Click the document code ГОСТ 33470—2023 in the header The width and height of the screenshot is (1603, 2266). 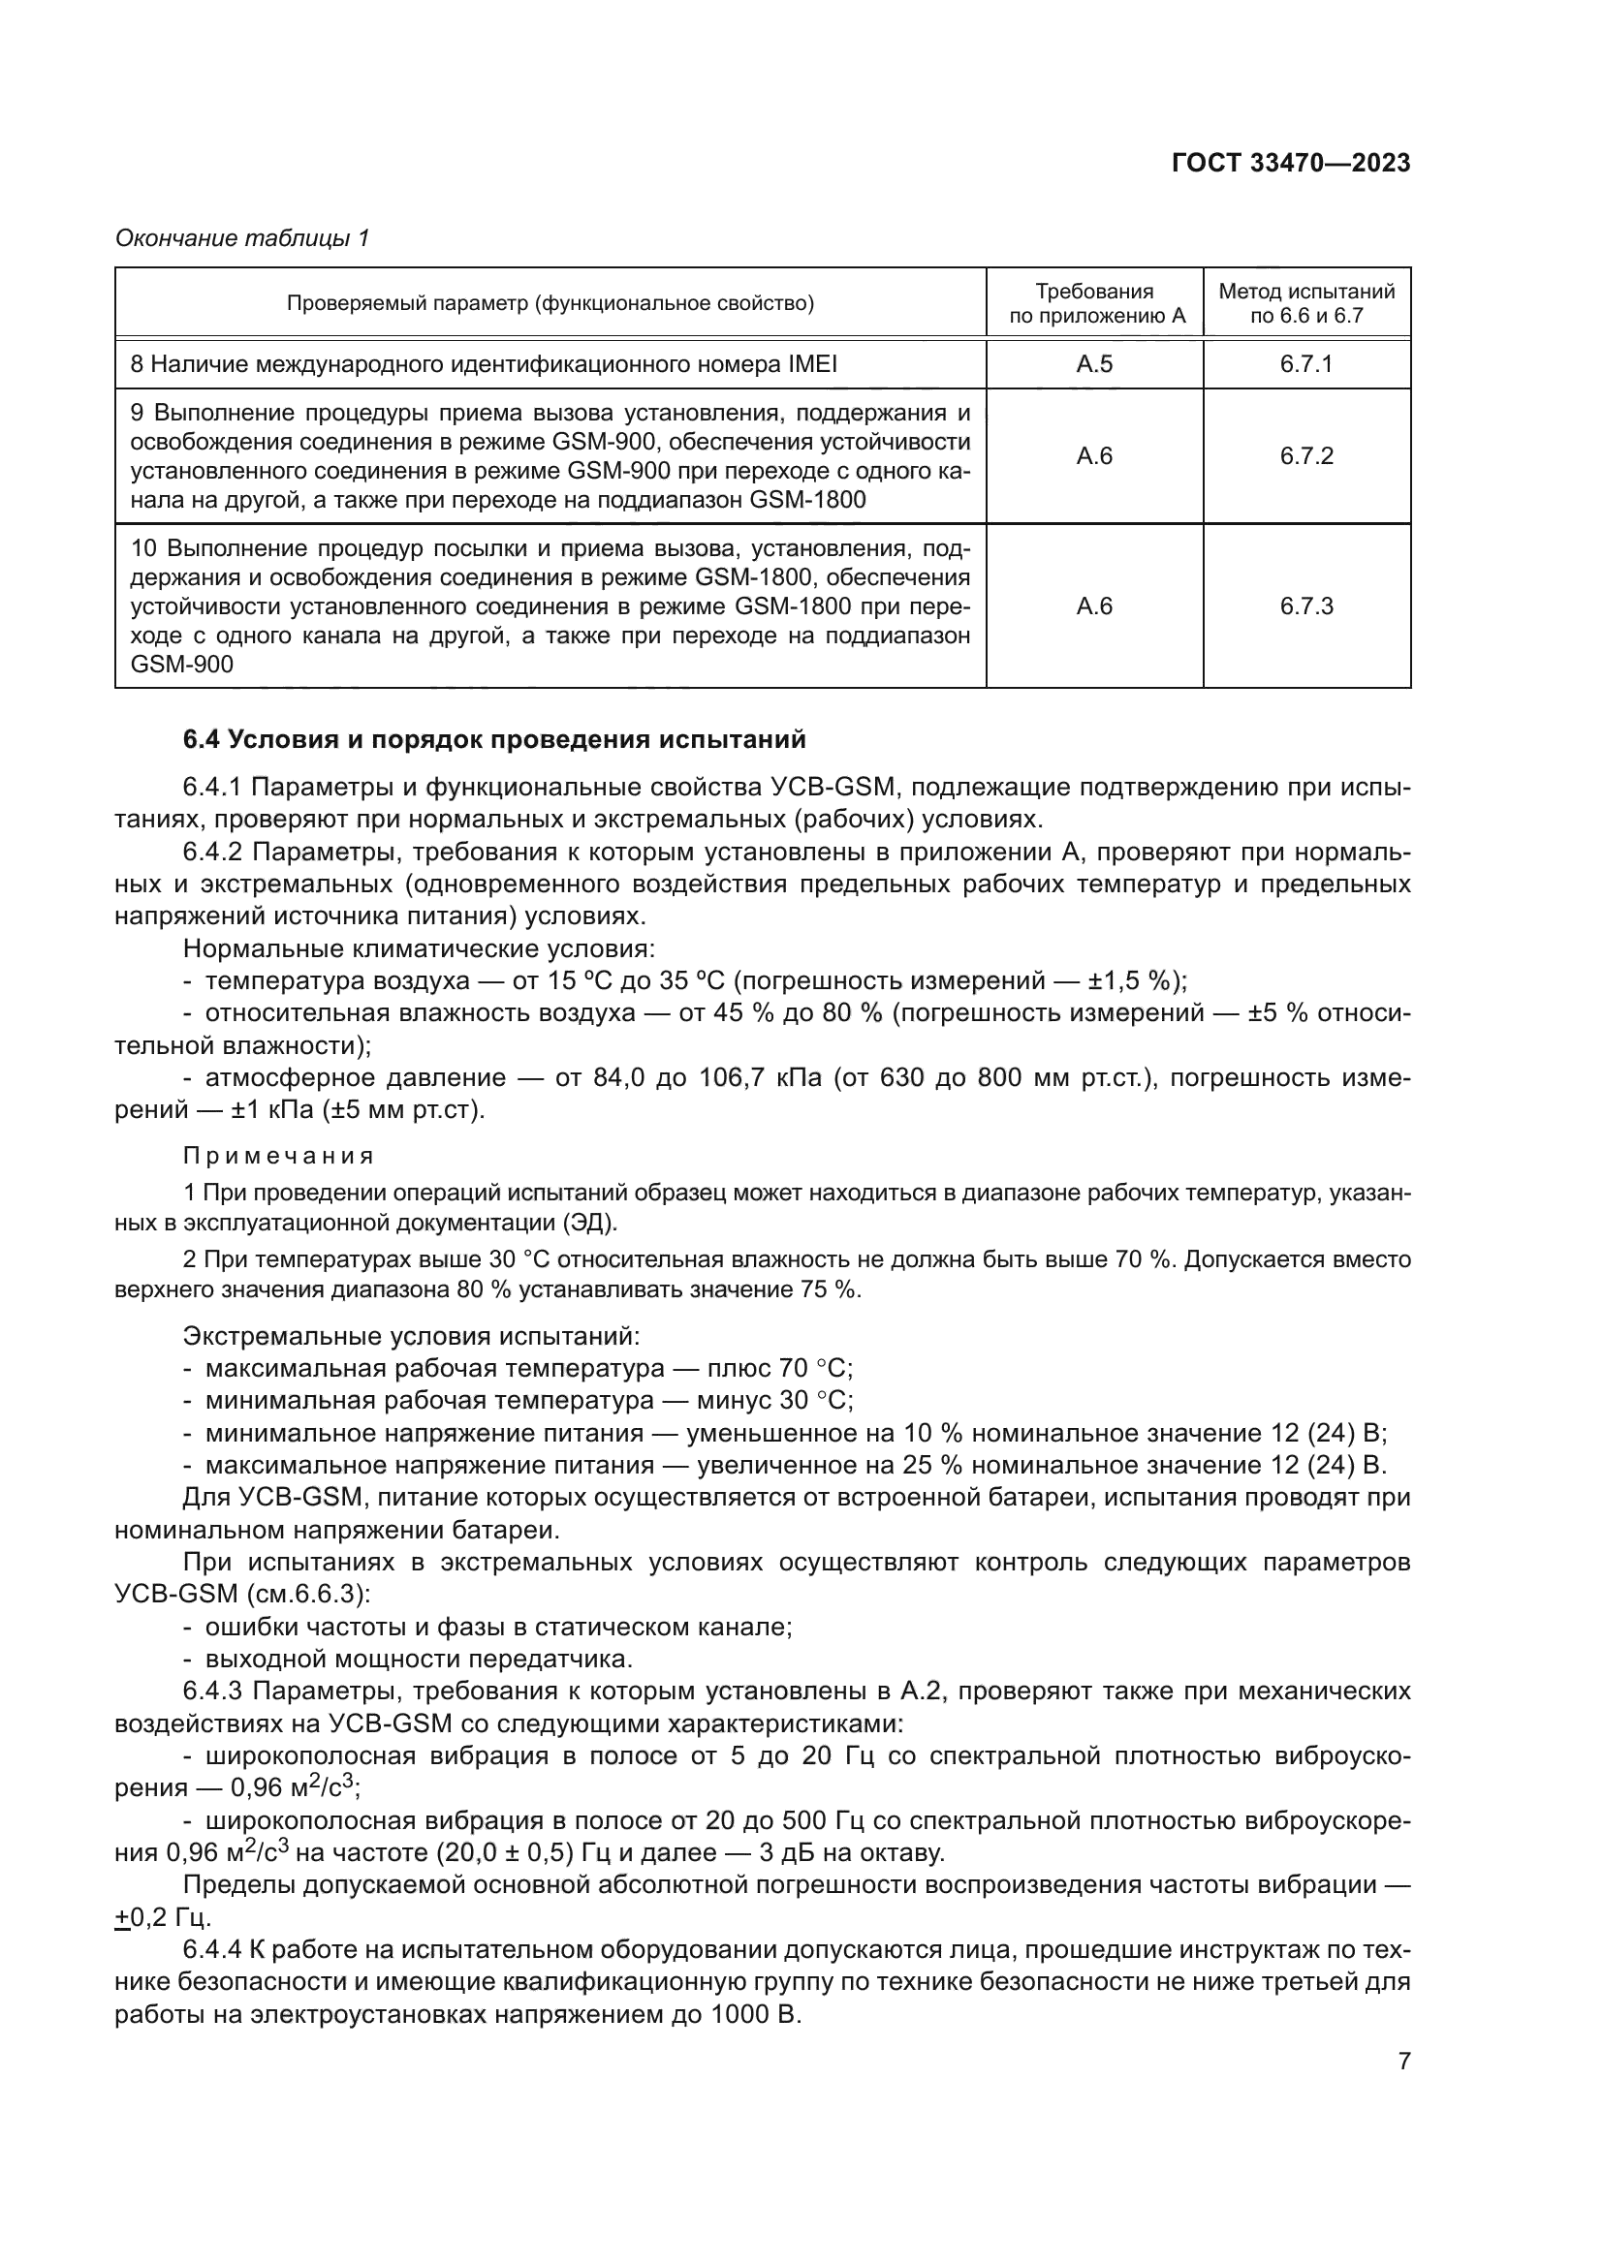click(x=1290, y=163)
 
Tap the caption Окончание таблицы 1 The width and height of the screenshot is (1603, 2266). click(x=242, y=238)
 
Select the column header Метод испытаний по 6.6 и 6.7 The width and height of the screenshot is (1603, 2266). click(x=1305, y=303)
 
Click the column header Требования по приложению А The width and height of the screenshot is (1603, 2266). click(x=1093, y=303)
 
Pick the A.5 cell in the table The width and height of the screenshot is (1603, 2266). click(x=1093, y=364)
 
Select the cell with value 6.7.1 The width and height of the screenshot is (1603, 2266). click(x=1305, y=364)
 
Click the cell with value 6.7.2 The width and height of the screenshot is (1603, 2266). click(x=1305, y=456)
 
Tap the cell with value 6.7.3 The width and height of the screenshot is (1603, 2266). click(x=1305, y=605)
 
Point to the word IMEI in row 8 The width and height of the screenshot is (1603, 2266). click(x=812, y=364)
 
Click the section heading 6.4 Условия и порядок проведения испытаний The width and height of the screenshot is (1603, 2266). click(x=494, y=739)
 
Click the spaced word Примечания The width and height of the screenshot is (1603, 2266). click(x=278, y=1156)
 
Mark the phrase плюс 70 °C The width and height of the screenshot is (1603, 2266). click(x=779, y=1369)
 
